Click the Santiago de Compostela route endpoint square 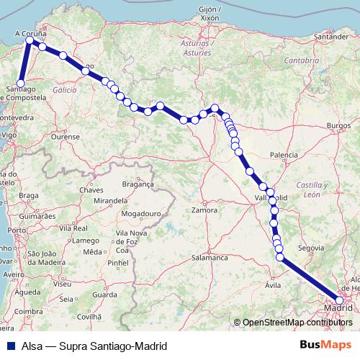(22, 83)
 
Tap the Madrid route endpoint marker (340, 301)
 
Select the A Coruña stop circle (30, 40)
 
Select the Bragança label (139, 184)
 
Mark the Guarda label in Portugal (104, 294)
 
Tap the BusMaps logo (330, 345)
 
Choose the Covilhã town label (90, 316)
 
